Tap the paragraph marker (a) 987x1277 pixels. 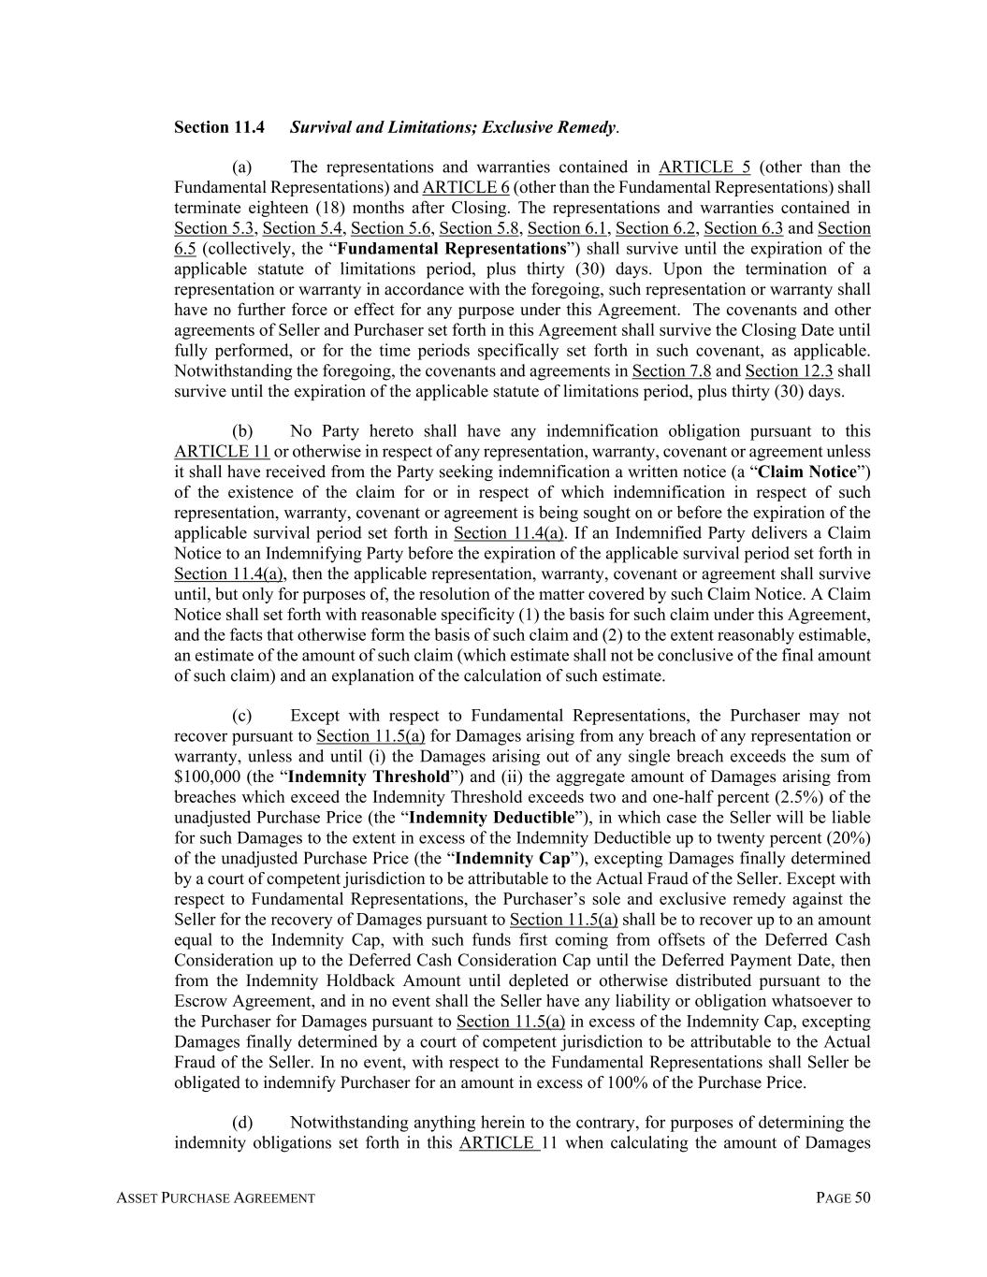[242, 167]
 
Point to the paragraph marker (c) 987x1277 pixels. [242, 716]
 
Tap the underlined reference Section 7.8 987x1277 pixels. [672, 371]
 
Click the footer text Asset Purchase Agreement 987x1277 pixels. [215, 1198]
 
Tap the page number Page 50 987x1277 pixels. [843, 1198]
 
